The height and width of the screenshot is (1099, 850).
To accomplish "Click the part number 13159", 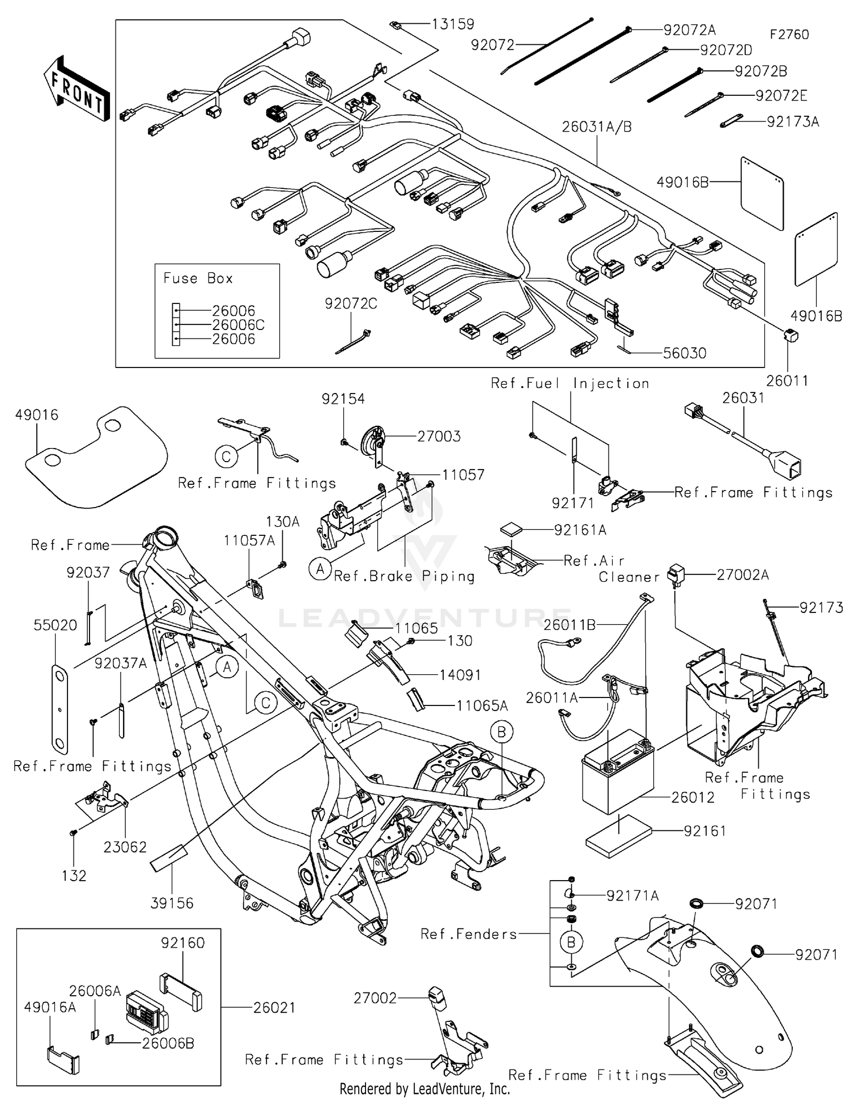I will click(x=452, y=24).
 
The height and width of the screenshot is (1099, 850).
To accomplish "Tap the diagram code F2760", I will click(x=789, y=35).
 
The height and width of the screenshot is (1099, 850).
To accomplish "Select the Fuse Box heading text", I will click(x=198, y=278).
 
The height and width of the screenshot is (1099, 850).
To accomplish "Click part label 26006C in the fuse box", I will click(x=238, y=325).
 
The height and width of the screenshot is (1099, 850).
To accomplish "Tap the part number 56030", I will click(x=685, y=353).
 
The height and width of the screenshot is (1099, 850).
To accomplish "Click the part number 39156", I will click(x=172, y=903).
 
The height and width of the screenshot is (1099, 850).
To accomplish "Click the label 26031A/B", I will click(x=597, y=127).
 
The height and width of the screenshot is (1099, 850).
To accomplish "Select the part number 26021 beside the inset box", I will click(x=274, y=1007).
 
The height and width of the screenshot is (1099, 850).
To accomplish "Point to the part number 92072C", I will click(x=351, y=304).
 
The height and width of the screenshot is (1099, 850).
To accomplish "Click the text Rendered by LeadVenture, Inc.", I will click(x=424, y=1089).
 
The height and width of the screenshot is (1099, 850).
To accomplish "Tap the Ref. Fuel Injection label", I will click(x=569, y=383).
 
